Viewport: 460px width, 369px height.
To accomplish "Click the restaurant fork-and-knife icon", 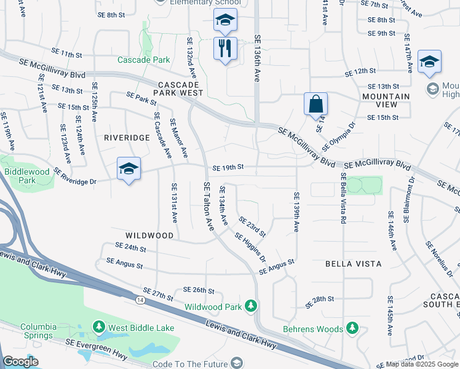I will pos(225,47).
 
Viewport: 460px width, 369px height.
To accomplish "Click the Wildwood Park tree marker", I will pos(250,306).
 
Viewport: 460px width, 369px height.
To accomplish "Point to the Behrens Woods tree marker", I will pos(352,328).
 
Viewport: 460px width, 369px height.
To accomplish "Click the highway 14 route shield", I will pos(141,299).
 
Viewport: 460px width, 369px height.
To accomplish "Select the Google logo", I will pos(21,362).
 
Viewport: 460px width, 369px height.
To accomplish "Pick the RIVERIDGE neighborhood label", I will pos(127,138).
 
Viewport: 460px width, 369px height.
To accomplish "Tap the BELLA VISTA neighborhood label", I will pos(354,263).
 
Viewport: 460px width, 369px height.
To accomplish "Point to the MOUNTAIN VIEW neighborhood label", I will pos(386,101).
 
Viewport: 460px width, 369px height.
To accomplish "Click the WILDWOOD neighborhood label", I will pos(149,236).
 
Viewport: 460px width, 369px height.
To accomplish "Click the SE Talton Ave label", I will pos(208,207).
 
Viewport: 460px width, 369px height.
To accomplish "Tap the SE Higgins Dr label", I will pos(250,244).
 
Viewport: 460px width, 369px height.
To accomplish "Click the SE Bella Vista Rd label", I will pos(343,197).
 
